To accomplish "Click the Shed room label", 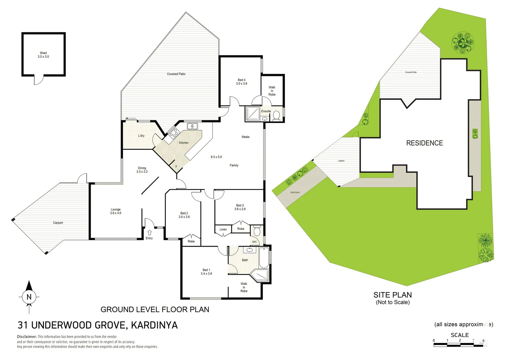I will [x=43, y=55].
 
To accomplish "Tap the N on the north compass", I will [x=29, y=297].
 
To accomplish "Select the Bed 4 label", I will [x=242, y=82].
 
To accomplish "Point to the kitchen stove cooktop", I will [x=173, y=134].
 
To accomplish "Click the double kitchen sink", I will [x=192, y=126].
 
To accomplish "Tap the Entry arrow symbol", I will [x=150, y=233].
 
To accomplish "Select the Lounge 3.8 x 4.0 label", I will [x=116, y=211].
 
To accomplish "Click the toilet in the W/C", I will [x=257, y=231].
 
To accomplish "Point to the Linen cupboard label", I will [x=223, y=229].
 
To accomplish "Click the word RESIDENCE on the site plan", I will [x=424, y=143].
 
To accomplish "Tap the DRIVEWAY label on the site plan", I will [x=295, y=192].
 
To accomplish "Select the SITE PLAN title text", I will [x=392, y=295].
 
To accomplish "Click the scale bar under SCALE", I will [x=460, y=344].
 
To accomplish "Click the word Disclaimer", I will [x=27, y=337].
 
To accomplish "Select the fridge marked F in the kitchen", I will [x=176, y=167].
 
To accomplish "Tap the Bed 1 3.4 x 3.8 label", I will [x=206, y=272].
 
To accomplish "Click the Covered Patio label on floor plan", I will [x=176, y=74].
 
